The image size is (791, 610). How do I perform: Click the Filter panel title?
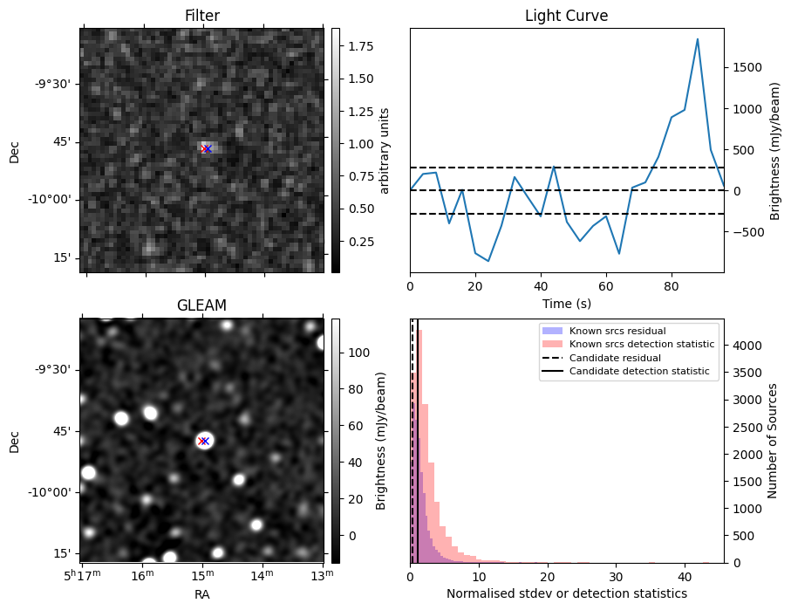pyautogui.click(x=201, y=16)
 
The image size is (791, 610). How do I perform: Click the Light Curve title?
pyautogui.click(x=566, y=16)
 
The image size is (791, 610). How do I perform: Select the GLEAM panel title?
pyautogui.click(x=201, y=305)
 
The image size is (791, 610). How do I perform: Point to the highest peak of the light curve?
pyautogui.click(x=698, y=39)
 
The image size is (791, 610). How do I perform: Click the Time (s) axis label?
pyautogui.click(x=566, y=302)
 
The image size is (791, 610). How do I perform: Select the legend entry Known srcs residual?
pyautogui.click(x=617, y=332)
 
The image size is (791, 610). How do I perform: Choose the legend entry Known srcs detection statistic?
pyautogui.click(x=642, y=345)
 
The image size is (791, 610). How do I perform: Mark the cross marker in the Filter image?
pyautogui.click(x=207, y=149)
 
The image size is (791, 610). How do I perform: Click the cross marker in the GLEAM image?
pyautogui.click(x=203, y=441)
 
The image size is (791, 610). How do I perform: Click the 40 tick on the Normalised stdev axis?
pyautogui.click(x=685, y=577)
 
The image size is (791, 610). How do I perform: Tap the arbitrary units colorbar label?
pyautogui.click(x=385, y=150)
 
